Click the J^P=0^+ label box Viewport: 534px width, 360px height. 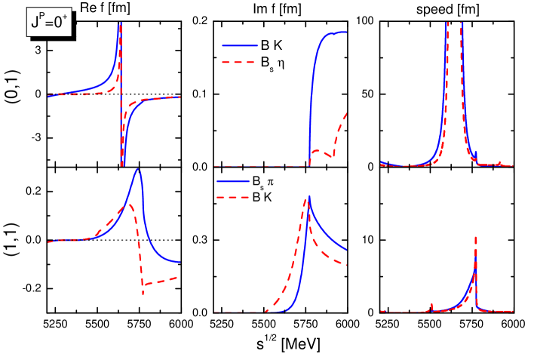coord(49,22)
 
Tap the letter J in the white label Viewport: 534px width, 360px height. coord(35,23)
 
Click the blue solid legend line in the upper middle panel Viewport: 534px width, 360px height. coord(239,45)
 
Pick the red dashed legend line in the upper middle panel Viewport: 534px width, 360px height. coord(239,62)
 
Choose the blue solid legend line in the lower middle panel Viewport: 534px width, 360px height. coord(233,181)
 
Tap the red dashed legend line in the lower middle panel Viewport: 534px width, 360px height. coord(233,198)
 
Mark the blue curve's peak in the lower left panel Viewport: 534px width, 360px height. coord(137,169)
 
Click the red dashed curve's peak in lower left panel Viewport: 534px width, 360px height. coord(130,204)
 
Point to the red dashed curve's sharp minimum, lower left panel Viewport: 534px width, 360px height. coord(143,293)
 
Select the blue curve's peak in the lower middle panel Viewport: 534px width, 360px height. coord(309,196)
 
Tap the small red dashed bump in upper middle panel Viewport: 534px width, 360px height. coord(317,151)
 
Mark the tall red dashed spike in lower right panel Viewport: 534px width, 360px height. coord(475,238)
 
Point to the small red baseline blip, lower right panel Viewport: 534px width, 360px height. coord(431,305)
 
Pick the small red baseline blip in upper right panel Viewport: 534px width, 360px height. coord(499,162)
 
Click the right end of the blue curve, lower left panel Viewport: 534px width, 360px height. coord(180,262)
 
